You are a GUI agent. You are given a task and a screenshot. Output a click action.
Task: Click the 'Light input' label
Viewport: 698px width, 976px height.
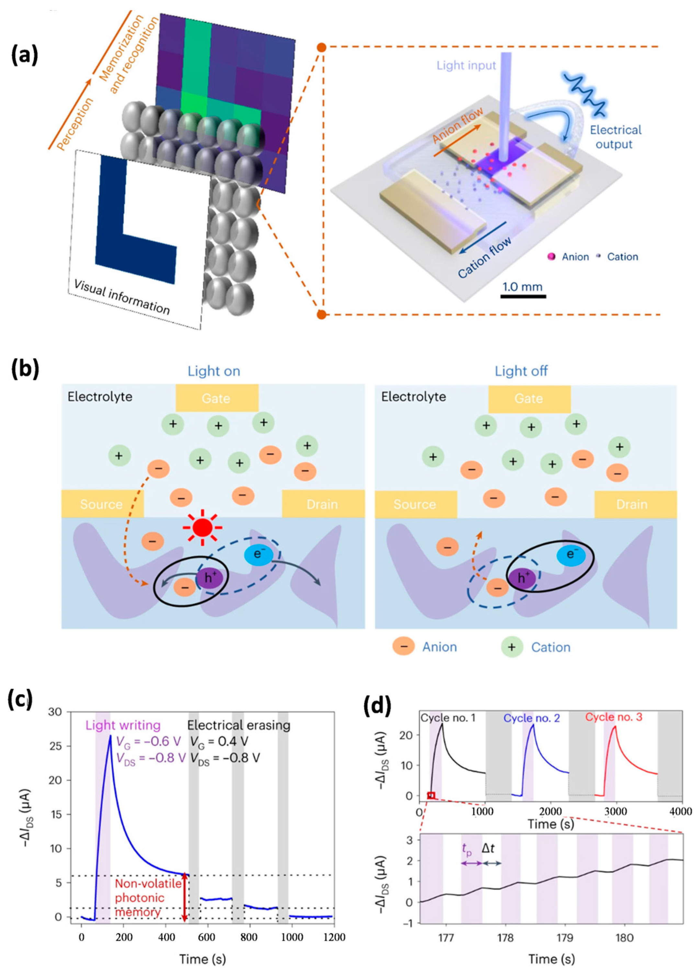(466, 66)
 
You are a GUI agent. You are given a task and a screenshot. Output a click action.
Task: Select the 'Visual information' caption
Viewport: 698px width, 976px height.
(122, 296)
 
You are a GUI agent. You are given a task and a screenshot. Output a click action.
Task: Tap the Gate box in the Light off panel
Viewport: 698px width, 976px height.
(529, 398)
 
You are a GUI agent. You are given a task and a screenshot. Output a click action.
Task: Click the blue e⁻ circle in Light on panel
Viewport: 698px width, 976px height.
(258, 554)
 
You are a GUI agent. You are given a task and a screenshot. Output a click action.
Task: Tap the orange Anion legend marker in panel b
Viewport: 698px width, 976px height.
(403, 647)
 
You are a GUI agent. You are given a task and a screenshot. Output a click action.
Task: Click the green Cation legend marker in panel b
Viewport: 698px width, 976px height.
(512, 647)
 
